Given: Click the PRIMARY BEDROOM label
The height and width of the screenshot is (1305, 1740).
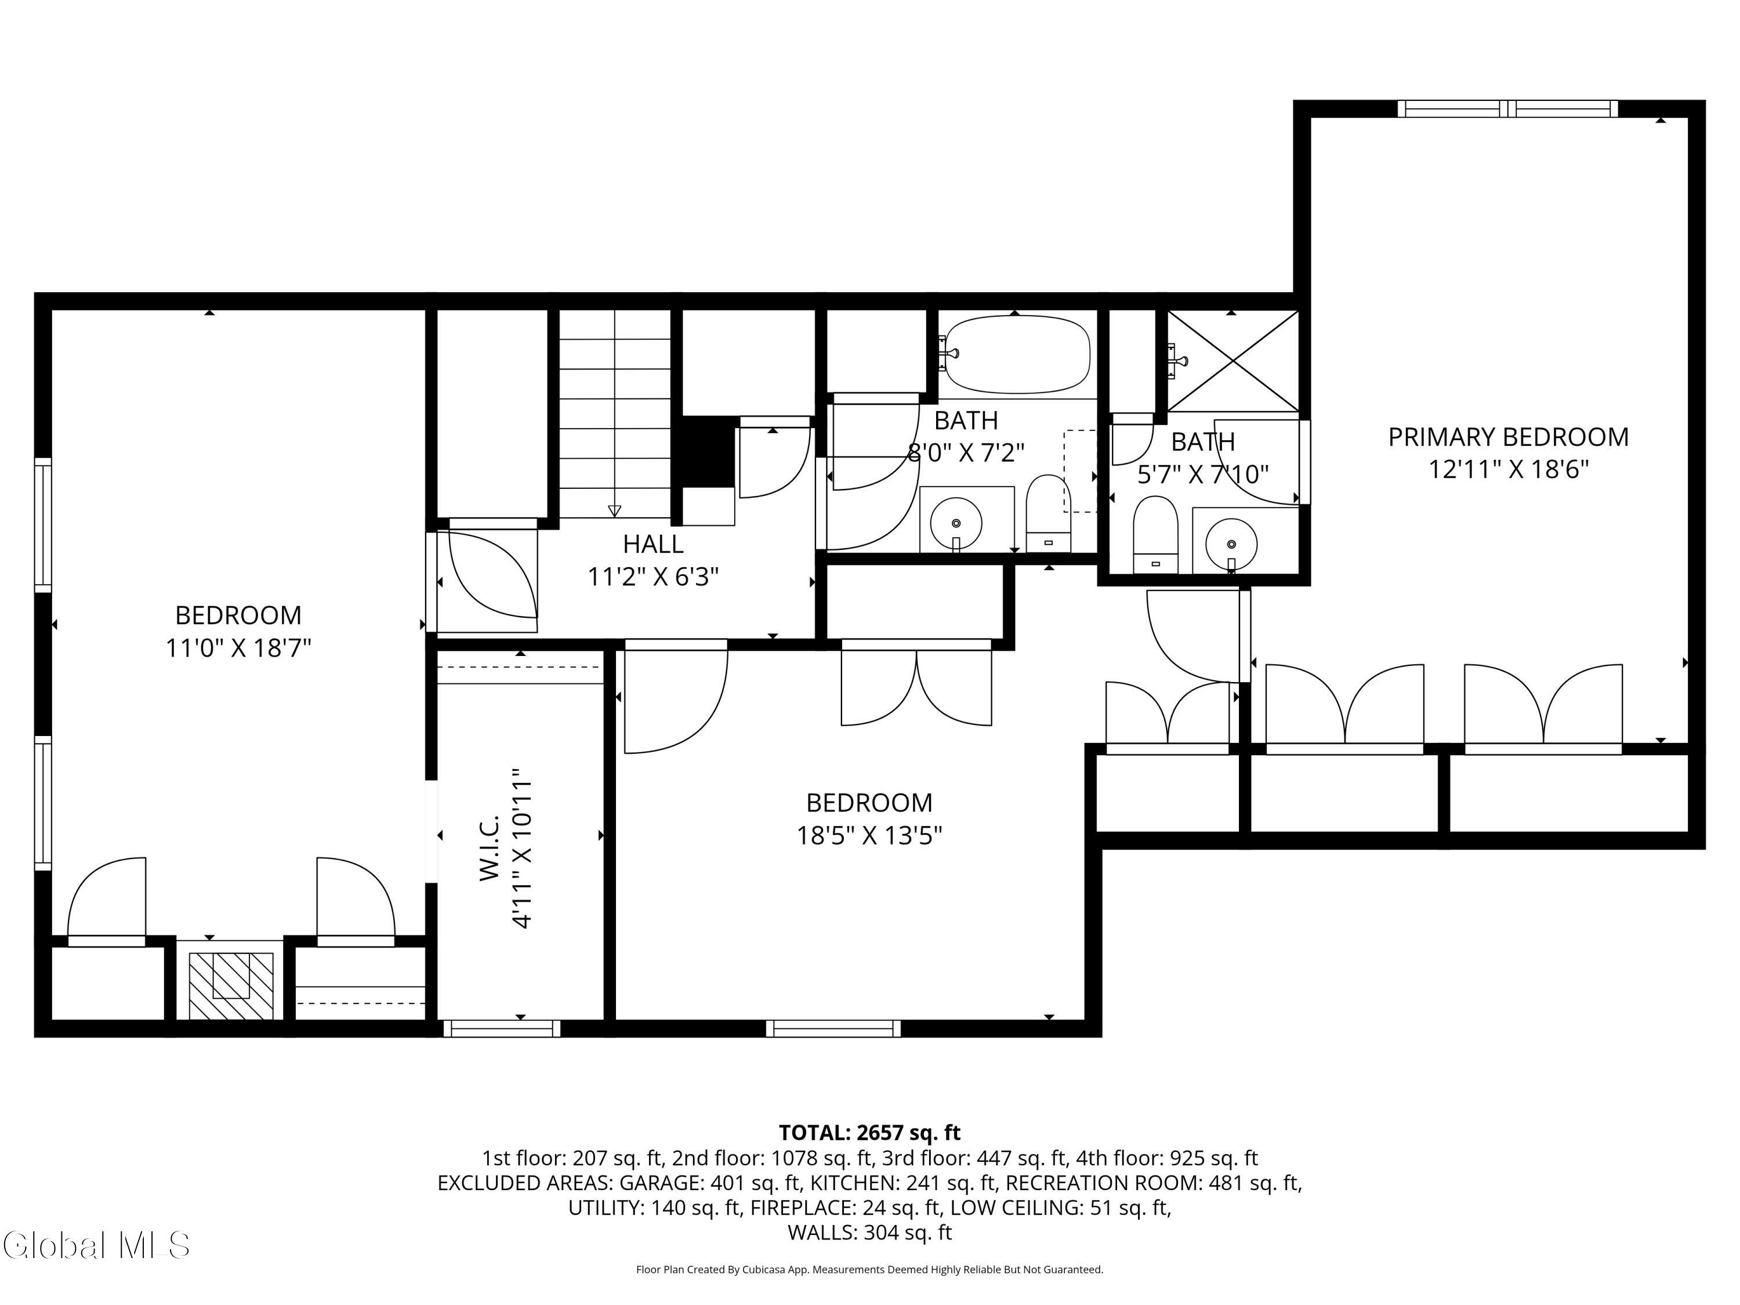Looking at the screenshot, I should pos(1507,437).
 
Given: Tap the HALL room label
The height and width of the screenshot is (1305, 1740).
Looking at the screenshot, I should pos(653,543).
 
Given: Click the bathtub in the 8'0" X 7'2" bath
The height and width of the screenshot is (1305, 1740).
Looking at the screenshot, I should pos(1016,354).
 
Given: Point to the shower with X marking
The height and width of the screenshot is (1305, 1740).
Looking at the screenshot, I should pos(1232,360).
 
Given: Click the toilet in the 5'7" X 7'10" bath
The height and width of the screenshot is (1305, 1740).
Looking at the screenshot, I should pos(1155,534).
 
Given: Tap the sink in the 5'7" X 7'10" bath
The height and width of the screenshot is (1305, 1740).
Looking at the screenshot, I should pos(1231,543).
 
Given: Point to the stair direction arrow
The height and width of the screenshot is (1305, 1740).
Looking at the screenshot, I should pos(614,510).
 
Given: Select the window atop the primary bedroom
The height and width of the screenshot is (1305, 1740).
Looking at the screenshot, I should pos(1507,108).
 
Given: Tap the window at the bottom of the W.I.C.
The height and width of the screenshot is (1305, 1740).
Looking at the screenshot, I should pos(502,1028).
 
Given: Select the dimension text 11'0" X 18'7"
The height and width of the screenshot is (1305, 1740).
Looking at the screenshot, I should pos(238,648).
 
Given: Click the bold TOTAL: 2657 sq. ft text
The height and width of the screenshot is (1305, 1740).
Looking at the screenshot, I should pos(869,1133).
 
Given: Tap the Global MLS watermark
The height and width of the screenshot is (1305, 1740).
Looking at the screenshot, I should pos(96,1245).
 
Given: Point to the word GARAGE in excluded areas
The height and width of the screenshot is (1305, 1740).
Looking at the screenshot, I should pos(662,1183).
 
